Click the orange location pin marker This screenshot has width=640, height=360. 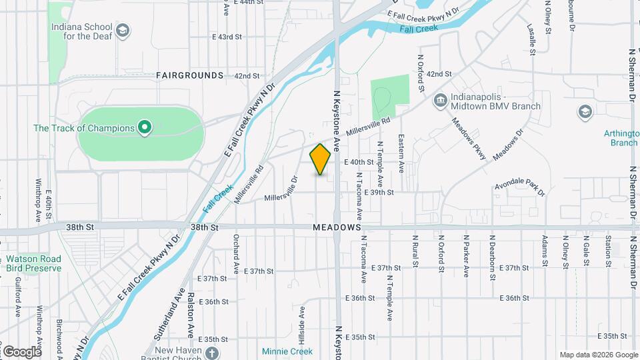click(x=320, y=159)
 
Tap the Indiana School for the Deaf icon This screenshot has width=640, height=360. click(x=123, y=31)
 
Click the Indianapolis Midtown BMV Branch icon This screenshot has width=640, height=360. click(x=440, y=101)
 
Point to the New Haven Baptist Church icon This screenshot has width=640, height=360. click(x=211, y=353)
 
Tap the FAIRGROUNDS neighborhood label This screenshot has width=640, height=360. click(x=190, y=76)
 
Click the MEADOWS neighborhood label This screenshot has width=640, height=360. click(x=337, y=228)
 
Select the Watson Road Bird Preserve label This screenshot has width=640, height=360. click(x=33, y=263)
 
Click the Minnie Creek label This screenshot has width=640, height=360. click(x=287, y=351)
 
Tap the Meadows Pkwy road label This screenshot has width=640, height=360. click(x=469, y=139)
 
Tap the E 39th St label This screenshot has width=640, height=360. click(x=381, y=192)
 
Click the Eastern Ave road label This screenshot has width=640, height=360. click(x=402, y=155)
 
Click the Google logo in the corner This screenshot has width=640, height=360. click(x=22, y=351)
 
